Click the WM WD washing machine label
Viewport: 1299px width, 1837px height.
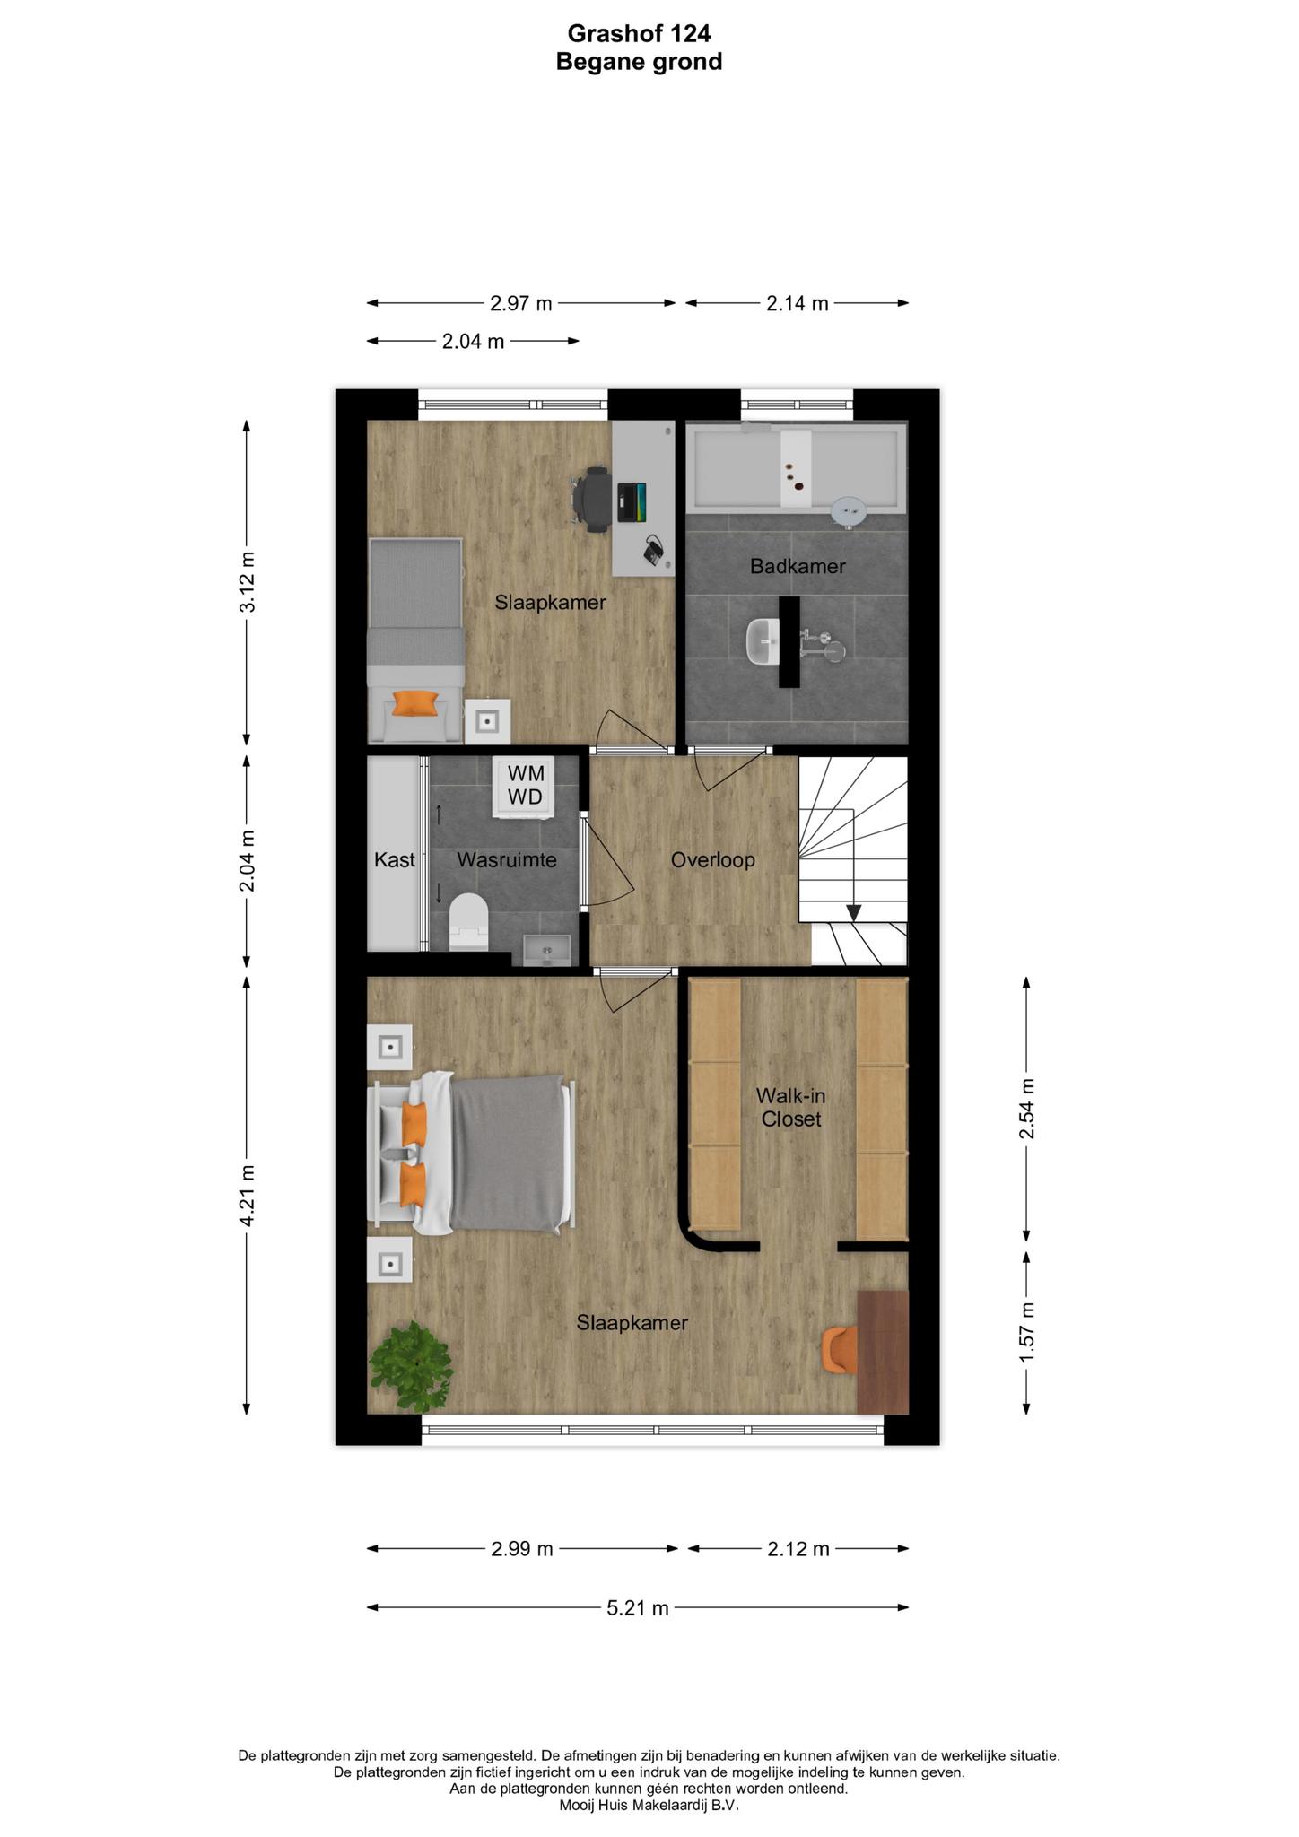[x=525, y=785]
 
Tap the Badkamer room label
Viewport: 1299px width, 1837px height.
[x=798, y=566]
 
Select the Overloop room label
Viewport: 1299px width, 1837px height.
[x=712, y=860]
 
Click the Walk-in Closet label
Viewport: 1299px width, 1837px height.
[x=789, y=1107]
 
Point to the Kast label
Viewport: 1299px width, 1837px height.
[x=395, y=860]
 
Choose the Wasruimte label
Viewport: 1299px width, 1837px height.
[x=507, y=860]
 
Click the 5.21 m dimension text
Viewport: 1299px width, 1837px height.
[x=638, y=1608]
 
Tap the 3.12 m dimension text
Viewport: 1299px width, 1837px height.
[x=248, y=582]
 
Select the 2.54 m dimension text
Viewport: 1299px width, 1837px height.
[x=1027, y=1109]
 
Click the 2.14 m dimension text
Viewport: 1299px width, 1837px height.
[x=798, y=303]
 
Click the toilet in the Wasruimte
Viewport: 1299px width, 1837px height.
[x=468, y=921]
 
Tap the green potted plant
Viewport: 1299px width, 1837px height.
[x=410, y=1365]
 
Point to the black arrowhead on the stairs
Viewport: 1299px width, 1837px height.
[x=854, y=912]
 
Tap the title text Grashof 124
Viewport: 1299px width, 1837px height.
[x=639, y=33]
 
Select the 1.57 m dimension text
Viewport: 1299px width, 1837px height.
[x=1027, y=1332]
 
